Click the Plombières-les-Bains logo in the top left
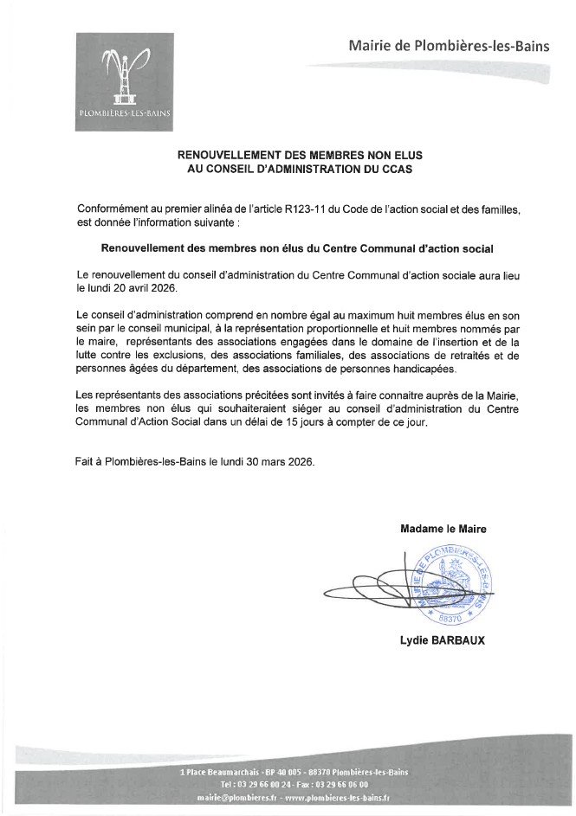124,81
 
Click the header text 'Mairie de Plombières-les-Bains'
448,46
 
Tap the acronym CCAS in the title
393,170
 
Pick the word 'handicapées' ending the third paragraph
424,369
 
